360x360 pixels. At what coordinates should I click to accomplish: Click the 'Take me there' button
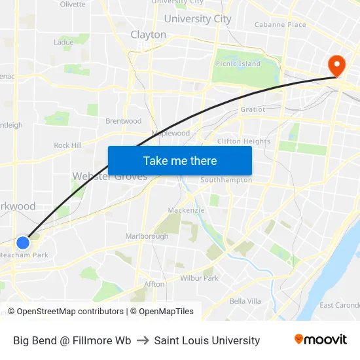click(x=180, y=160)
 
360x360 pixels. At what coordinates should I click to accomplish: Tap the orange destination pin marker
click(x=338, y=65)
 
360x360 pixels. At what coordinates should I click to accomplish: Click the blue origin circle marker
click(x=23, y=243)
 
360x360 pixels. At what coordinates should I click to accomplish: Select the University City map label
click(x=198, y=19)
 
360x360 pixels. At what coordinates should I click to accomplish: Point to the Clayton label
click(x=149, y=35)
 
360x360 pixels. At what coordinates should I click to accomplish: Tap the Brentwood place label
click(x=124, y=121)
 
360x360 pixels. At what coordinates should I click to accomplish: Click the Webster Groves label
click(x=109, y=177)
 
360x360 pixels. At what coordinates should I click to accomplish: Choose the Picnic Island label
click(x=238, y=64)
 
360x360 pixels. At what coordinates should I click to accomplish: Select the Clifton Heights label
click(x=243, y=141)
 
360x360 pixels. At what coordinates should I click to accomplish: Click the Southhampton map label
click(x=226, y=180)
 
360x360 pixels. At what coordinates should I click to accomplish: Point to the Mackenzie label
click(x=186, y=210)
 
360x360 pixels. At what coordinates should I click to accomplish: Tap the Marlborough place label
click(x=147, y=236)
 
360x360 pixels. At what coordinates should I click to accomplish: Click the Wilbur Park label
click(x=200, y=278)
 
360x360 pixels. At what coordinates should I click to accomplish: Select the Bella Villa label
click(x=245, y=301)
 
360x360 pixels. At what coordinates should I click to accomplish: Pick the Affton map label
click(x=154, y=284)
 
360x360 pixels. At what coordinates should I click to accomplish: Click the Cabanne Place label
click(x=280, y=25)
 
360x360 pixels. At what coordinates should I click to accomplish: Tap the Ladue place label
click(x=63, y=43)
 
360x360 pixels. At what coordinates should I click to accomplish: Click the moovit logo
click(x=320, y=340)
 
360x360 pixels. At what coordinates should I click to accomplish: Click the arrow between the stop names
click(x=143, y=340)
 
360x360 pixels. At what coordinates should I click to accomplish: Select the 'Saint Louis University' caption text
click(x=207, y=340)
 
